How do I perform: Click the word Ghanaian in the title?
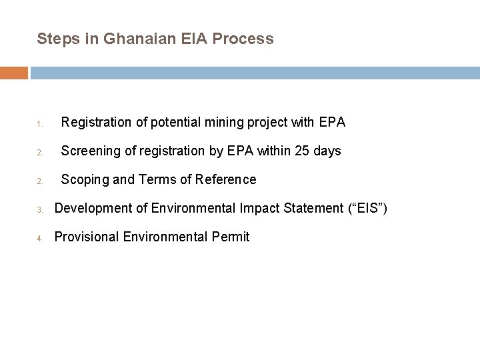[x=138, y=39]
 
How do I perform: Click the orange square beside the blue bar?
[x=14, y=72]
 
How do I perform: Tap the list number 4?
[x=40, y=238]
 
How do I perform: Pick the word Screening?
[x=89, y=151]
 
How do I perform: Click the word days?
[x=327, y=151]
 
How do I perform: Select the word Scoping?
[x=84, y=180]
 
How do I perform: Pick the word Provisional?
[x=84, y=237]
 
